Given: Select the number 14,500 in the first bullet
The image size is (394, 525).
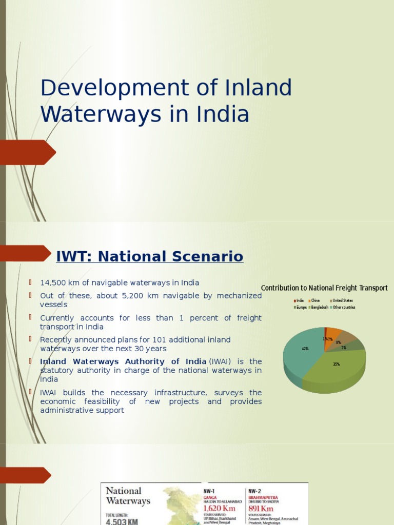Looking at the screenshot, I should coord(55,282).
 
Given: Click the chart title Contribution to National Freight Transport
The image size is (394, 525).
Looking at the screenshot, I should coord(324,288).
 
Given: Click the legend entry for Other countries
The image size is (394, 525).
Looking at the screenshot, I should coord(343,307).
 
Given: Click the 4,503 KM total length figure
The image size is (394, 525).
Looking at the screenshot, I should coord(122,521).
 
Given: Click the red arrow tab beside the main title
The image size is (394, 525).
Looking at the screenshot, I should coord(28,152).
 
